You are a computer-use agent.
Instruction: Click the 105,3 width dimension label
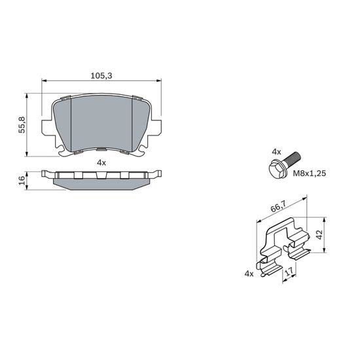click(x=101, y=75)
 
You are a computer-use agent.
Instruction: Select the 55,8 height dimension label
click(x=22, y=125)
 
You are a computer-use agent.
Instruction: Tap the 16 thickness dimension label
click(x=22, y=180)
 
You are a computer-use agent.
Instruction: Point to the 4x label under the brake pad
click(x=101, y=163)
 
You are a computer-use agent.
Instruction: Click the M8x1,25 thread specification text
click(x=309, y=173)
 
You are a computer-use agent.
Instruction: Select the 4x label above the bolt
click(x=276, y=152)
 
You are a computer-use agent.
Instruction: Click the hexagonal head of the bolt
click(x=278, y=169)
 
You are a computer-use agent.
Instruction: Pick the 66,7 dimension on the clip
click(x=278, y=207)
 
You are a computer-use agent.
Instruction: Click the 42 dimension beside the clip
click(x=319, y=234)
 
